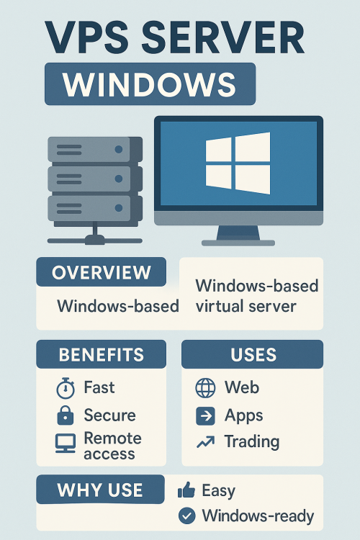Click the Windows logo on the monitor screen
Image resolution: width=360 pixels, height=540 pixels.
pos(238,163)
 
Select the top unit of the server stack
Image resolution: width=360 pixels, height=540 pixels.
pos(95,150)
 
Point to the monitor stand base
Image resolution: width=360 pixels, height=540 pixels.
pos(238,243)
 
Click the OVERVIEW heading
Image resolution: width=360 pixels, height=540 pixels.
pos(102,272)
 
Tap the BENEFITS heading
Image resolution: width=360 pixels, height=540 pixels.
pos(102,355)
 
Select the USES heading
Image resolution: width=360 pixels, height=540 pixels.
pos(253,355)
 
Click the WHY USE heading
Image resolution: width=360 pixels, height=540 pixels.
pos(100,490)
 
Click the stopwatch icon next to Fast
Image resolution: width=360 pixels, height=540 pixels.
pos(66,388)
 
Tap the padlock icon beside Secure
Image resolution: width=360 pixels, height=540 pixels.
pos(65,415)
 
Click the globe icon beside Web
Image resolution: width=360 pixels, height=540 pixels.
pos(205,388)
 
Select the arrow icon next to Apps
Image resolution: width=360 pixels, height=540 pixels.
pos(205,416)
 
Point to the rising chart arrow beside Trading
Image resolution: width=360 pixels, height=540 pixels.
pos(206,442)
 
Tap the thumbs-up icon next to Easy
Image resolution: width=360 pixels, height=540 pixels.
pos(186,490)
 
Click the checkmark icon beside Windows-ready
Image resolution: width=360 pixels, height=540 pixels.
pos(187,516)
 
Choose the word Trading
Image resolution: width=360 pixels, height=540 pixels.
pos(252,442)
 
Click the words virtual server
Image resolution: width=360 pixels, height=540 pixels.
pos(246,306)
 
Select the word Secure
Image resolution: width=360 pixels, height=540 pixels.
pos(110,415)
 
